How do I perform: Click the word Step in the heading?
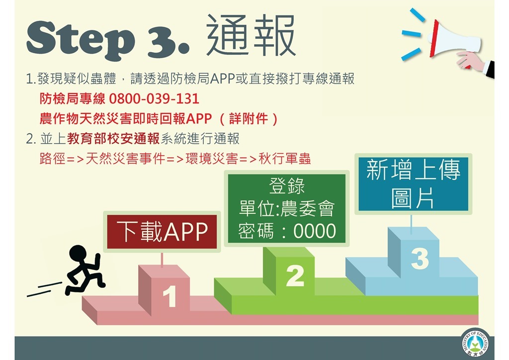click(81, 40)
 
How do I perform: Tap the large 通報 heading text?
click(251, 36)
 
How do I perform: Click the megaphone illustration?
click(454, 42)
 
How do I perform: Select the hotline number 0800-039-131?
click(154, 98)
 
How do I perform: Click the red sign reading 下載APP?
click(162, 232)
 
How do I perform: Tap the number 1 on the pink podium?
click(170, 296)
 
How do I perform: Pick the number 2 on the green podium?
click(295, 276)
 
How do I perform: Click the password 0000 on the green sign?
click(315, 231)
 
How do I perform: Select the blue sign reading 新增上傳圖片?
click(413, 184)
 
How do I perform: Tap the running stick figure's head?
click(78, 254)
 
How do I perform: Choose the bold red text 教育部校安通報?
click(113, 139)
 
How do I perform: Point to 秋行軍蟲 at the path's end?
click(285, 159)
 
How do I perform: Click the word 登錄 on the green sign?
click(287, 185)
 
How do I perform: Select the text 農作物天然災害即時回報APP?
click(126, 119)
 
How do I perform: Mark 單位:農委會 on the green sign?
click(287, 208)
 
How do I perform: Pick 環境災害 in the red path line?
click(212, 159)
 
